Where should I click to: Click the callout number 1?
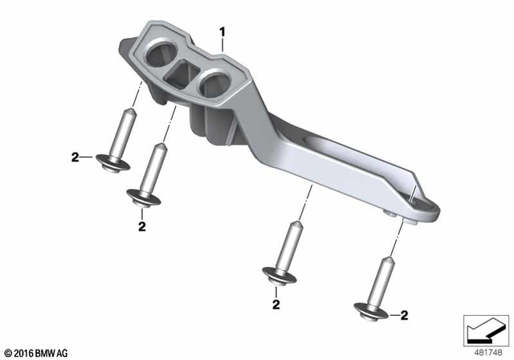click(x=222, y=32)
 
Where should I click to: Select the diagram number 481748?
click(x=487, y=353)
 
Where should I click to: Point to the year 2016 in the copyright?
click(x=24, y=354)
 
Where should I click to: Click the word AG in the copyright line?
click(x=63, y=354)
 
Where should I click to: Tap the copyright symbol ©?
click(x=9, y=354)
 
